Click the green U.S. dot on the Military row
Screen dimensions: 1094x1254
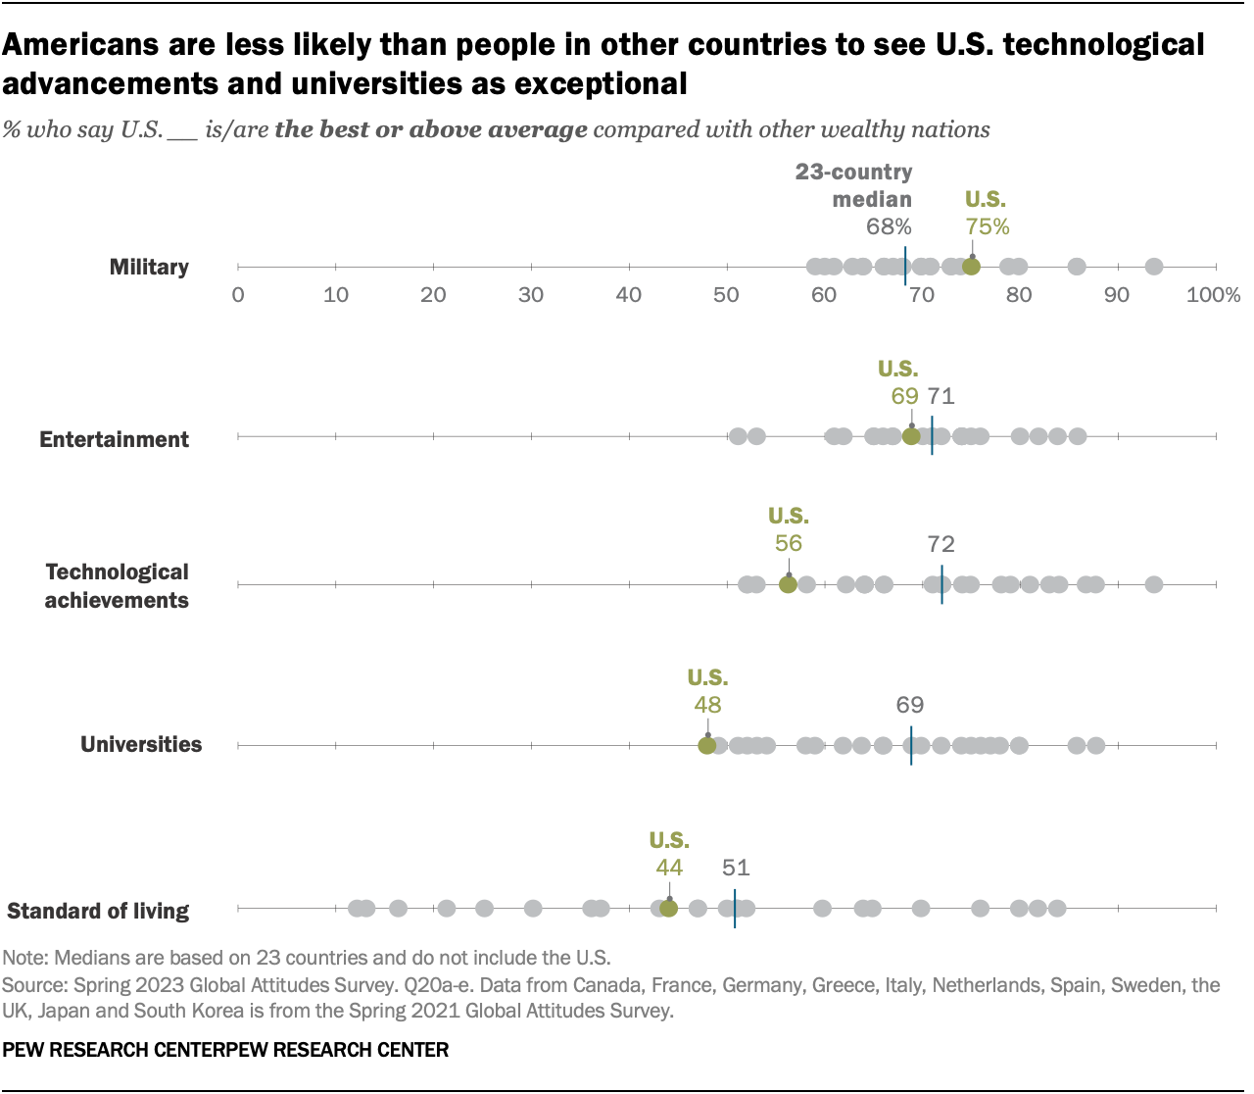[971, 267]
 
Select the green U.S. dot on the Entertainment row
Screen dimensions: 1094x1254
[911, 437]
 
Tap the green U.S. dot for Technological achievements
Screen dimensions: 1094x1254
[788, 585]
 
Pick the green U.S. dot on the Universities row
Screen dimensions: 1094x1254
[706, 746]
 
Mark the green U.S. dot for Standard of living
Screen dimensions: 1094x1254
[668, 909]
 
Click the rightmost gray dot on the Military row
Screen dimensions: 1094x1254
[1154, 267]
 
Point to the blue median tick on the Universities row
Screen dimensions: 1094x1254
[911, 746]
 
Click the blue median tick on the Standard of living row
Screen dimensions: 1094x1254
[735, 909]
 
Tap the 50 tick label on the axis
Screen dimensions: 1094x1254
[726, 295]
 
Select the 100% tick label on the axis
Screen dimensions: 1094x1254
[1213, 295]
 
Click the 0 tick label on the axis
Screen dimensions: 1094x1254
[238, 295]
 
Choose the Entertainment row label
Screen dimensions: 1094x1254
[114, 439]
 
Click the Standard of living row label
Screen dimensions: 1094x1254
[98, 911]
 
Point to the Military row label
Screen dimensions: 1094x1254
[149, 267]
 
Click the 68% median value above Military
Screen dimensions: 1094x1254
[889, 227]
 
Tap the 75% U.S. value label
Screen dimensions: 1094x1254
[987, 227]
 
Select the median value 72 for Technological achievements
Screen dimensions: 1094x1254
[940, 544]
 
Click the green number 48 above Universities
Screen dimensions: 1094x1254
[707, 705]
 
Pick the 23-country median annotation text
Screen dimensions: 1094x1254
[854, 185]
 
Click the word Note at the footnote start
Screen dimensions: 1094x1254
[24, 958]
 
